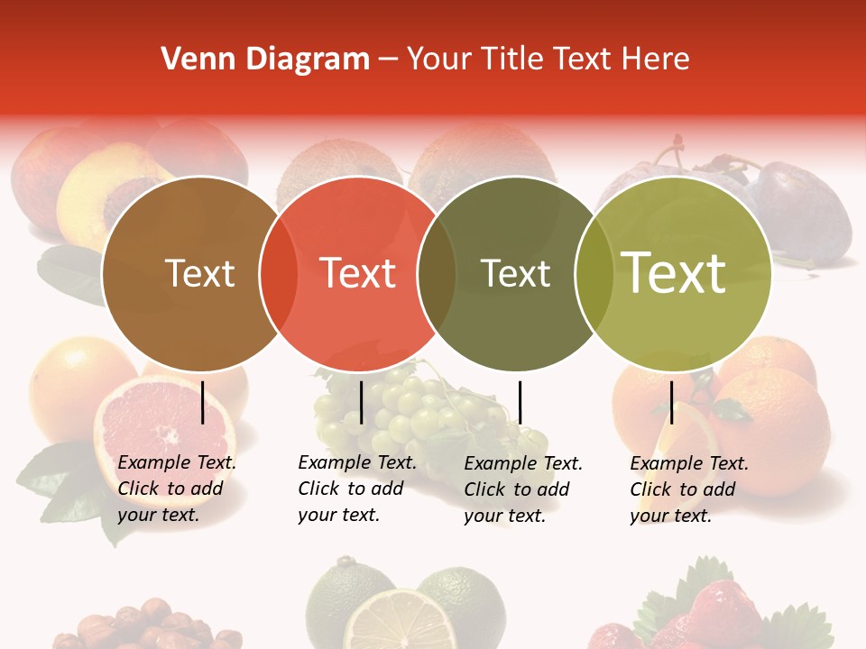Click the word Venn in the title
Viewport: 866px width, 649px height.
pyautogui.click(x=189, y=59)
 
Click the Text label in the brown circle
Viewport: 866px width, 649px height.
pyautogui.click(x=199, y=273)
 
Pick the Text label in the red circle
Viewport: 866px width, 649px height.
pyautogui.click(x=358, y=273)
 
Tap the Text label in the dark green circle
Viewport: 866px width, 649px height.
pyautogui.click(x=515, y=273)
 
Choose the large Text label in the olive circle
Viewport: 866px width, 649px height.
pyautogui.click(x=674, y=273)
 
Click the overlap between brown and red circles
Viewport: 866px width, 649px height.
pyautogui.click(x=279, y=273)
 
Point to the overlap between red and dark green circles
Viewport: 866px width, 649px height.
pyautogui.click(x=437, y=273)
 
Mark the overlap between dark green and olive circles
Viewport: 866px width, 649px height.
pyautogui.click(x=594, y=273)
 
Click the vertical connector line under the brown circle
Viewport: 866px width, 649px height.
pyautogui.click(x=202, y=402)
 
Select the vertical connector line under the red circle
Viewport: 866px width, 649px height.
pyautogui.click(x=361, y=402)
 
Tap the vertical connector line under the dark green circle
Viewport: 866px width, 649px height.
pyautogui.click(x=520, y=402)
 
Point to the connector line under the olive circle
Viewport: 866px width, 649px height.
pyautogui.click(x=671, y=402)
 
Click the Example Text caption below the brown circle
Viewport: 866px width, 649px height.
pyautogui.click(x=176, y=489)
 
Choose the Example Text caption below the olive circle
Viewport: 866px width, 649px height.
pyautogui.click(x=688, y=489)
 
